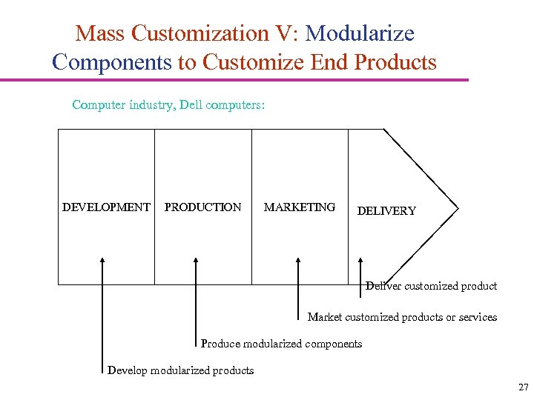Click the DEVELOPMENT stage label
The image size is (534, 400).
pyautogui.click(x=106, y=207)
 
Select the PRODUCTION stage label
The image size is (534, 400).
pyautogui.click(x=202, y=207)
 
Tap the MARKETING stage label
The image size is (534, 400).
pyautogui.click(x=300, y=207)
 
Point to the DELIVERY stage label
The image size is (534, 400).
pyautogui.click(x=386, y=211)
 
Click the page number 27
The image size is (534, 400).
pyautogui.click(x=524, y=387)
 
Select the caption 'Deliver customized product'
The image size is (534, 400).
pyautogui.click(x=431, y=286)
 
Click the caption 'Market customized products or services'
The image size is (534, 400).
pyautogui.click(x=402, y=317)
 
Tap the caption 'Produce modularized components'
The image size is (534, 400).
pyautogui.click(x=281, y=344)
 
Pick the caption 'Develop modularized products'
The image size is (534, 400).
pyautogui.click(x=180, y=370)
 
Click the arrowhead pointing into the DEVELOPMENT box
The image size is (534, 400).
pyautogui.click(x=102, y=260)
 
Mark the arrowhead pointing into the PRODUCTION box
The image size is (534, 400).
pyautogui.click(x=196, y=260)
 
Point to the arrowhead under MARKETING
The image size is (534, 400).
pyautogui.click(x=298, y=260)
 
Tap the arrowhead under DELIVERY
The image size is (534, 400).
pyautogui.click(x=361, y=260)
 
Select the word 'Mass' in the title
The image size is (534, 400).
pyautogui.click(x=100, y=33)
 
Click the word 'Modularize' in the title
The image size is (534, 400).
pyautogui.click(x=360, y=33)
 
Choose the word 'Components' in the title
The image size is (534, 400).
pyautogui.click(x=111, y=62)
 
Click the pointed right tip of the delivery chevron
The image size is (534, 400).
pyautogui.click(x=458, y=207)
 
